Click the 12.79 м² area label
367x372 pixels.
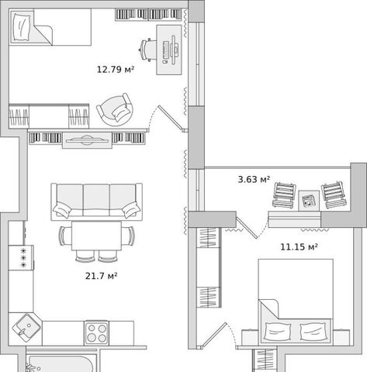click(116, 70)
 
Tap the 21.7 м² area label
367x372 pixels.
click(102, 276)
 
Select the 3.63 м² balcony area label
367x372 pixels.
click(254, 179)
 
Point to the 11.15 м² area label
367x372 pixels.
click(299, 247)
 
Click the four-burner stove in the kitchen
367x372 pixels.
click(96, 333)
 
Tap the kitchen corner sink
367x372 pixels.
click(26, 326)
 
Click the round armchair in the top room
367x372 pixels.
click(116, 109)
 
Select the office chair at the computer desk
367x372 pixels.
click(147, 50)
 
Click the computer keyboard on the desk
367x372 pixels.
click(165, 50)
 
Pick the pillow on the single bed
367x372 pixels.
click(22, 27)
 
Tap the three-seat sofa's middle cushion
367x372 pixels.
click(96, 200)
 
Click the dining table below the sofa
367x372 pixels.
click(96, 236)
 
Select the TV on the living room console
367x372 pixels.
click(87, 140)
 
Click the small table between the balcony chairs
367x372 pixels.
click(309, 201)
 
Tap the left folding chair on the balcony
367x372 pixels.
click(284, 195)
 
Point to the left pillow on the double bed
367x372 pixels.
click(278, 332)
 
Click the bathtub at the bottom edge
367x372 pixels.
click(61, 363)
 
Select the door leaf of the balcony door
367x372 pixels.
click(247, 228)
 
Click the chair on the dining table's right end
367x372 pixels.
click(128, 236)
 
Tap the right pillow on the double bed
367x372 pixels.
click(313, 332)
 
